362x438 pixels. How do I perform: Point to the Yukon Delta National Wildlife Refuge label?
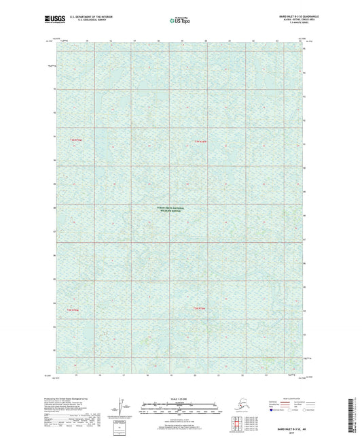[x=181, y=209]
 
